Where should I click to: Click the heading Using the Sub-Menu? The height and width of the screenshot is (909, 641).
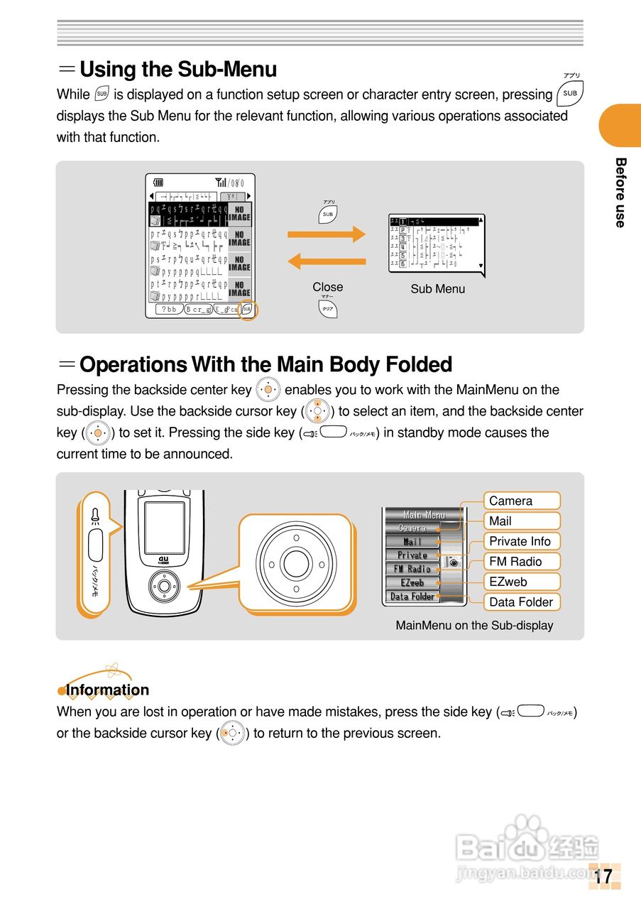pyautogui.click(x=177, y=70)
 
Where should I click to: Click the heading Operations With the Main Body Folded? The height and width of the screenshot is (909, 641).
pyautogui.click(x=265, y=365)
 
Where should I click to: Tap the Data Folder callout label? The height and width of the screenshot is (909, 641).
pyautogui.click(x=522, y=602)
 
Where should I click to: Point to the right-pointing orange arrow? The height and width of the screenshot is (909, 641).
pyautogui.click(x=326, y=234)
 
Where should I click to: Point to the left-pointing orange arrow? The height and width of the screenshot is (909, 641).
pyautogui.click(x=326, y=261)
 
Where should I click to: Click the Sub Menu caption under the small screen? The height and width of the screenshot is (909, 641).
pyautogui.click(x=438, y=289)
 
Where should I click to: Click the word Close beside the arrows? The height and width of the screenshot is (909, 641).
pyautogui.click(x=327, y=287)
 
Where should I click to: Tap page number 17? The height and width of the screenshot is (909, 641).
pyautogui.click(x=603, y=877)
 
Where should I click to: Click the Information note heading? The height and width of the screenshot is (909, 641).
pyautogui.click(x=107, y=690)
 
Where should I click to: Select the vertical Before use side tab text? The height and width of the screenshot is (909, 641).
pyautogui.click(x=620, y=192)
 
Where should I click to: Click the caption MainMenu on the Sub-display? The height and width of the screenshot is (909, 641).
pyautogui.click(x=474, y=626)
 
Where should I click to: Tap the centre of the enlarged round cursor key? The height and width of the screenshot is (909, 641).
pyautogui.click(x=295, y=563)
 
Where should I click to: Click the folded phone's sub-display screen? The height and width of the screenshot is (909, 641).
pyautogui.click(x=165, y=528)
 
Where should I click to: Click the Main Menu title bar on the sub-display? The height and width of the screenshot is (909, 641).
pyautogui.click(x=424, y=514)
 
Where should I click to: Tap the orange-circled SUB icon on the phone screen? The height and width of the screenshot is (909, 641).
pyautogui.click(x=247, y=309)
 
